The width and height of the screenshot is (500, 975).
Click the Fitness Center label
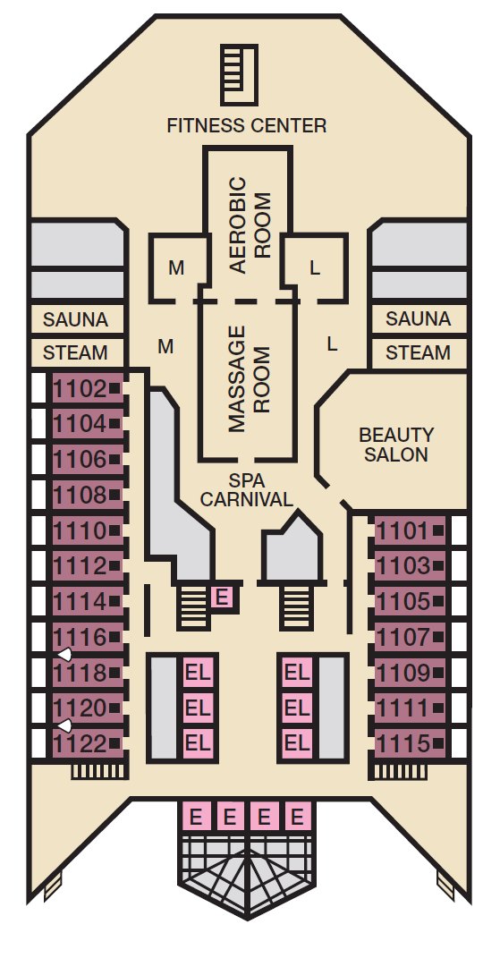point(247,125)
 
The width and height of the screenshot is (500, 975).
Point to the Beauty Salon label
point(396,444)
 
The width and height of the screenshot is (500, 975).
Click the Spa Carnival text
point(246,490)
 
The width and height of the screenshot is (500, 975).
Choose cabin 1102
point(88,389)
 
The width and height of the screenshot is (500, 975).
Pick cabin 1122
point(88,743)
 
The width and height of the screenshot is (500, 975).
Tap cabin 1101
point(410,531)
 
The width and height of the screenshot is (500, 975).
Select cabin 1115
point(410,743)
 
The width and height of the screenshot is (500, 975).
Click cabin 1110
point(88,531)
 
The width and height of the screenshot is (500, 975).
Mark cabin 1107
point(410,638)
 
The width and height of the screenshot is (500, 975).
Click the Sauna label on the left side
point(76,319)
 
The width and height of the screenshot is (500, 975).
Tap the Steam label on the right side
point(418,352)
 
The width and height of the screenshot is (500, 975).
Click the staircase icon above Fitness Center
point(240,74)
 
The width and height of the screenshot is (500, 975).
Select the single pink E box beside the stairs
point(222,598)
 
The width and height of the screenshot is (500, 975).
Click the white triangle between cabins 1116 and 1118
point(64,654)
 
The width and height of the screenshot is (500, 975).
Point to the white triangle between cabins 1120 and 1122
point(64,725)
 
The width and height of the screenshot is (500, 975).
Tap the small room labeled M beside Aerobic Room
point(176,268)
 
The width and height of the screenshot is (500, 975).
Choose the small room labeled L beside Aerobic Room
point(315,268)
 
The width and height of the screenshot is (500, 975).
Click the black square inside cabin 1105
point(438,602)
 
